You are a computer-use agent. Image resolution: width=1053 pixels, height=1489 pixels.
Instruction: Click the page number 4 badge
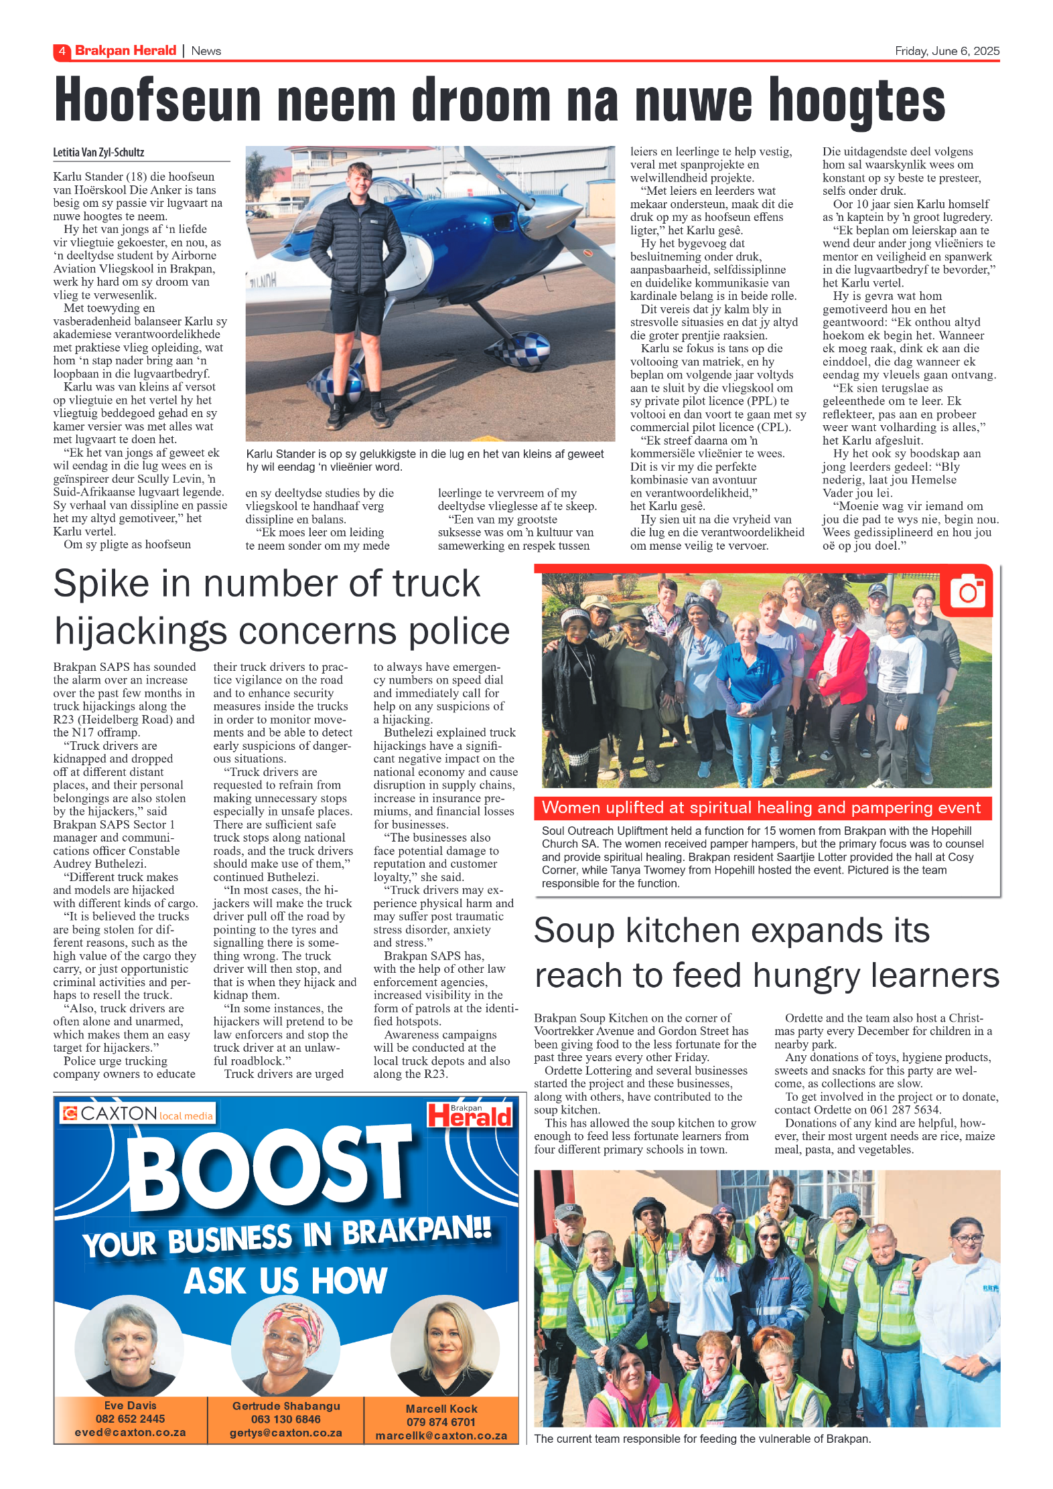point(62,51)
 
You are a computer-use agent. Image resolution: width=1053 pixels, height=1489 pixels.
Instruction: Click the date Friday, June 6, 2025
point(946,51)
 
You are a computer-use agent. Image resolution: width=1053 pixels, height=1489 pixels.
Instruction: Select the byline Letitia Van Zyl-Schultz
point(98,153)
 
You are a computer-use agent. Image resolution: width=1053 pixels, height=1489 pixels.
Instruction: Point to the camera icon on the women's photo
point(967,591)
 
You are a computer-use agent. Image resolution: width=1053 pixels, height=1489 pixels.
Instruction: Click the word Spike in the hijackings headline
point(101,584)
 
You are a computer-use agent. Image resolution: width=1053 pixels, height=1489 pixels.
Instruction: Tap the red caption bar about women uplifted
point(762,807)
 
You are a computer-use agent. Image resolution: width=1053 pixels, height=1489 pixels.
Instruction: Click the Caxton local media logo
point(137,1113)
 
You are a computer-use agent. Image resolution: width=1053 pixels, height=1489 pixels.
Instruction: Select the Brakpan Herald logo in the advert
point(470,1115)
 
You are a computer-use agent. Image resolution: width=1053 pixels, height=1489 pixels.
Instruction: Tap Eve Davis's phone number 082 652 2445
point(130,1419)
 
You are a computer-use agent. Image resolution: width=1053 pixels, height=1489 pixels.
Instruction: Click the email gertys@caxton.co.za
point(286,1433)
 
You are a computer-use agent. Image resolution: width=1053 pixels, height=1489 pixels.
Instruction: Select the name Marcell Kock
point(441,1409)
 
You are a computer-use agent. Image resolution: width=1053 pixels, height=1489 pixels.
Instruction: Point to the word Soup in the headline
point(574,931)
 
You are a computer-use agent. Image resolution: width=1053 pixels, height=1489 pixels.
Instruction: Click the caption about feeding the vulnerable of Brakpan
point(702,1439)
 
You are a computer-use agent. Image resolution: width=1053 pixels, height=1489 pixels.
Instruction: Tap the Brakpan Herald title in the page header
point(125,51)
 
